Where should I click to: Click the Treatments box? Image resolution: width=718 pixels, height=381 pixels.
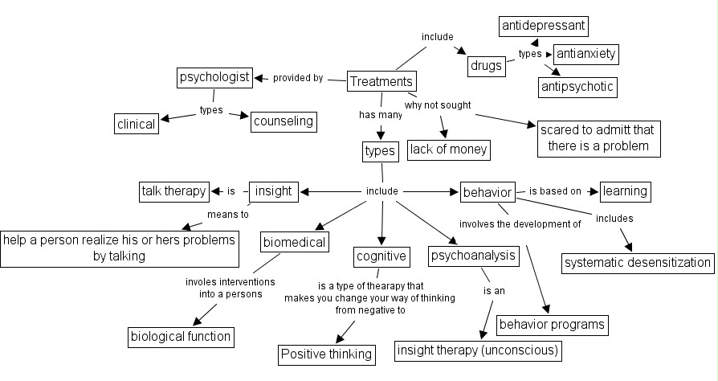click(382, 81)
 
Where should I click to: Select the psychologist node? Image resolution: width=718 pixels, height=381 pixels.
click(214, 77)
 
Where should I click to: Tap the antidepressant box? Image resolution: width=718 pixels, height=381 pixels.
click(544, 27)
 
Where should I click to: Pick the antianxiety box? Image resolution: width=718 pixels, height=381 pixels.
click(587, 55)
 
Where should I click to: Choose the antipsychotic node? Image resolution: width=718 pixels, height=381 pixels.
click(577, 86)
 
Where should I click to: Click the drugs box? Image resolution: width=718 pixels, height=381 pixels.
click(487, 66)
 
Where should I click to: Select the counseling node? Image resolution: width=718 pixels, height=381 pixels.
click(283, 121)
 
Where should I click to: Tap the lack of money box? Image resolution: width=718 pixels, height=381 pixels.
click(449, 149)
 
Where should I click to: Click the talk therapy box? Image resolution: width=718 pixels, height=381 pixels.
click(174, 191)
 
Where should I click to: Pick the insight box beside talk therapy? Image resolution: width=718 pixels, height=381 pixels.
click(273, 191)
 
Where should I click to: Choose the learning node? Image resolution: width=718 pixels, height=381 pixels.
click(624, 191)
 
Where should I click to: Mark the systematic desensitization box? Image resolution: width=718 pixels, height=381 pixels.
click(638, 262)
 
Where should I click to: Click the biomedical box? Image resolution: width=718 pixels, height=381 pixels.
click(294, 242)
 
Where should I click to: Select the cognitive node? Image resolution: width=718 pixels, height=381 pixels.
click(381, 256)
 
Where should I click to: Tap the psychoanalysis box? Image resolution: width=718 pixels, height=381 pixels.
click(472, 256)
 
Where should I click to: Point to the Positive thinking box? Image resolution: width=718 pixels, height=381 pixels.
click(326, 354)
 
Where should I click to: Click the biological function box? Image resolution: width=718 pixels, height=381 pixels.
click(182, 337)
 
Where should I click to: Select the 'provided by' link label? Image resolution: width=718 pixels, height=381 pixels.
click(298, 78)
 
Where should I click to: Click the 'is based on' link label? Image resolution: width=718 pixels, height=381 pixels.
click(554, 191)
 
